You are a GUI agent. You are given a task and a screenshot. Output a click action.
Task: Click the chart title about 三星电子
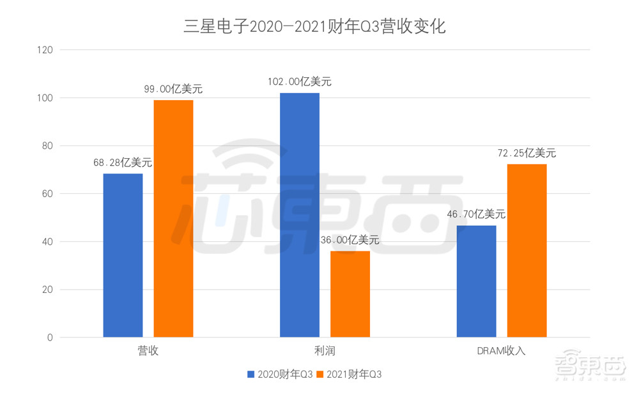point(314,27)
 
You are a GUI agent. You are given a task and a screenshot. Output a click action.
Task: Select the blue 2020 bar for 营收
point(123,255)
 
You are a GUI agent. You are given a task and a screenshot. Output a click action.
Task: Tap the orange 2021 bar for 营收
point(173,218)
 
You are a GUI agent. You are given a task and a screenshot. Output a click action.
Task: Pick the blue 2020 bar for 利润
point(300,215)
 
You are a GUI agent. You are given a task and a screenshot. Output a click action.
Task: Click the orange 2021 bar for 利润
point(350,294)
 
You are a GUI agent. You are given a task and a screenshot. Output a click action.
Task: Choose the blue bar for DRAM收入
point(477,281)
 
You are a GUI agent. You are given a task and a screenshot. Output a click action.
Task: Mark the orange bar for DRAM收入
point(527,251)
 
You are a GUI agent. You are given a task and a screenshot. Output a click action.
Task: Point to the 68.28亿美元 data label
point(123,163)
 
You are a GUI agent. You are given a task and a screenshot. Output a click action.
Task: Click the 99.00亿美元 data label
point(173,89)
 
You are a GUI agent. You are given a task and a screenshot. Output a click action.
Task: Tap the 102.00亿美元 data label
point(300,82)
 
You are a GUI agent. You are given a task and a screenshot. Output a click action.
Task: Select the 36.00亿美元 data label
point(350,241)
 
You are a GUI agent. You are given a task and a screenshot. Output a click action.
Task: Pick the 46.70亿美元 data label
point(477,214)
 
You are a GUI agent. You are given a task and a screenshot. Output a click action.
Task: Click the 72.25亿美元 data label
point(527,153)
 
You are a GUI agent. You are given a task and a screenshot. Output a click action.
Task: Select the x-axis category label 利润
point(325,351)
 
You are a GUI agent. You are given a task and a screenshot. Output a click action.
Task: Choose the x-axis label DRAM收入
point(502,351)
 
